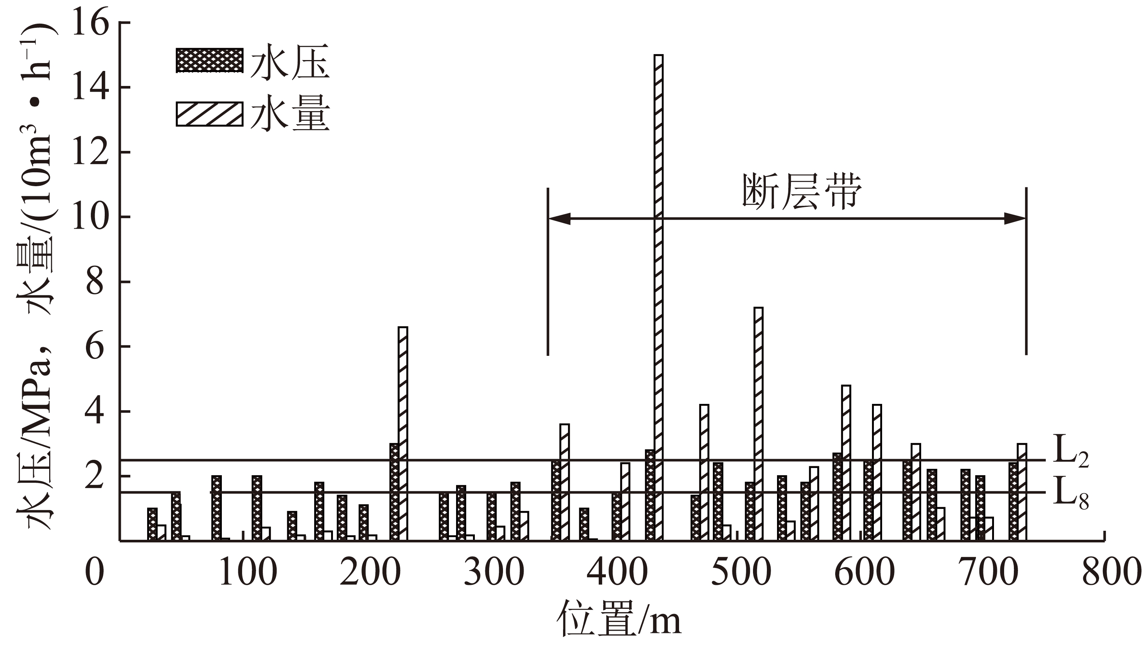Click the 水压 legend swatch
[x=209, y=60]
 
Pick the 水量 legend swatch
[x=209, y=114]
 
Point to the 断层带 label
[x=802, y=192]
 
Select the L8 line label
[x=1070, y=492]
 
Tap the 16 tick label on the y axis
[x=90, y=23]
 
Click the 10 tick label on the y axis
[x=90, y=217]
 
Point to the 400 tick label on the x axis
[x=617, y=572]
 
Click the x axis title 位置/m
[x=619, y=619]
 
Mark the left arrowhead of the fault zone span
[x=559, y=218]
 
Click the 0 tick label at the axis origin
[x=95, y=572]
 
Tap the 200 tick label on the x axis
[x=370, y=572]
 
